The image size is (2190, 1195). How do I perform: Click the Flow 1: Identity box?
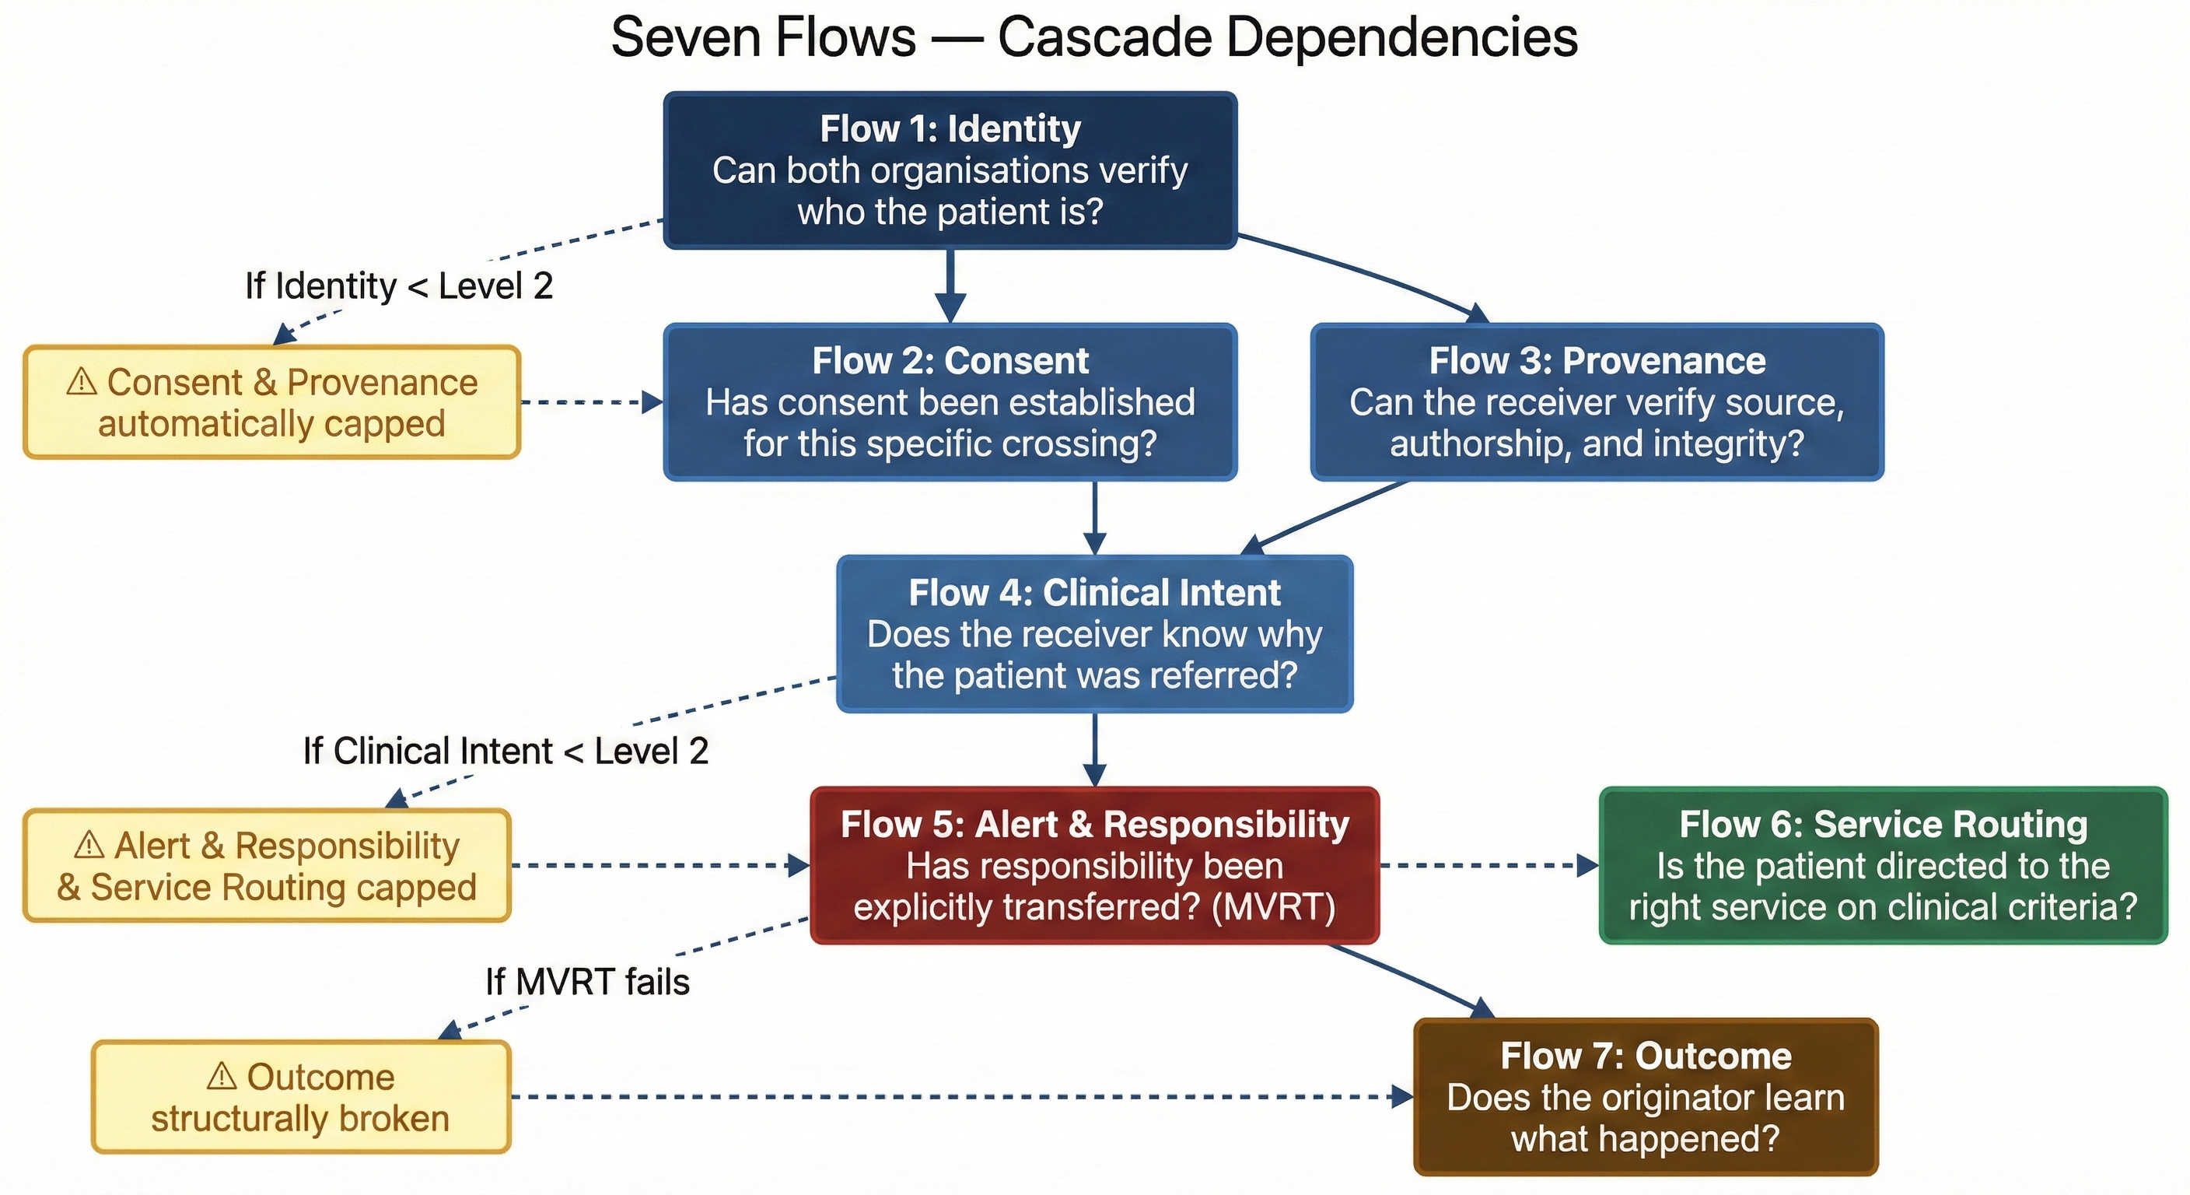click(x=950, y=170)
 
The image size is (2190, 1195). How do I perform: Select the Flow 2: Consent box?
click(x=950, y=401)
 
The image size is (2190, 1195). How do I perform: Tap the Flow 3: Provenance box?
click(x=1597, y=401)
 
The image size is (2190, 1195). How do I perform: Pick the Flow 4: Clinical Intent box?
click(x=1094, y=633)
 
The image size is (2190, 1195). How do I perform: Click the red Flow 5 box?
click(x=1094, y=865)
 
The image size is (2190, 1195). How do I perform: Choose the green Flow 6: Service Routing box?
click(x=1882, y=865)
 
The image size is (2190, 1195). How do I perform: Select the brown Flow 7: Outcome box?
click(x=1645, y=1096)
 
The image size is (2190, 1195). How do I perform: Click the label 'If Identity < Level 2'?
click(x=399, y=286)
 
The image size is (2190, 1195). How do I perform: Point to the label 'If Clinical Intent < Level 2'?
click(x=506, y=751)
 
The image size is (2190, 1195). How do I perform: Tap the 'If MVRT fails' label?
click(x=586, y=983)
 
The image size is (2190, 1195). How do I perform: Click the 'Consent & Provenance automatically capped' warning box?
click(x=271, y=402)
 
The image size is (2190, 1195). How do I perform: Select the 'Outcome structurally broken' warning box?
click(x=300, y=1097)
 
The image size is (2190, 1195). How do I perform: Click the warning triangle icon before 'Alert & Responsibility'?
click(x=89, y=846)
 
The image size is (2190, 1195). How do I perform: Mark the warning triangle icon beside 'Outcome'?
click(x=221, y=1077)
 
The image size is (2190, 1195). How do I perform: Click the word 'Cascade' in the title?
click(x=1104, y=37)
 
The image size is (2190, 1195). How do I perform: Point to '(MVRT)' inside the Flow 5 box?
click(x=1272, y=906)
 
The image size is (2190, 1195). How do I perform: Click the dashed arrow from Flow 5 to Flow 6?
click(x=1488, y=866)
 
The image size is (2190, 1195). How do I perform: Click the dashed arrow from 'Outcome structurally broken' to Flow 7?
click(x=952, y=1097)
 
